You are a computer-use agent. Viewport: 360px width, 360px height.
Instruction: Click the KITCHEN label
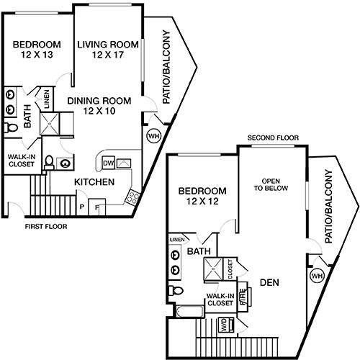click(94, 182)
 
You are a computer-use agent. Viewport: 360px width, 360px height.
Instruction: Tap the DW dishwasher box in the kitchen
click(109, 162)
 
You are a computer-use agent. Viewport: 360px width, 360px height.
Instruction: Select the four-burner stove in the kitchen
click(132, 196)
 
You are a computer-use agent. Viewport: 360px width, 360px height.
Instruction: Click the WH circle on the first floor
click(153, 135)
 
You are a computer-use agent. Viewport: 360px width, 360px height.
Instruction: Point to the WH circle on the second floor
click(317, 275)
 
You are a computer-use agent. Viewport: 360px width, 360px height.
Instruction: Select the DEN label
click(269, 282)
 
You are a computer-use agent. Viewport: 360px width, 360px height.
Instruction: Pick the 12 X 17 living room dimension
click(109, 55)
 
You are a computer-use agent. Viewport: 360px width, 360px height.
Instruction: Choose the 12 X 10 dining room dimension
click(99, 112)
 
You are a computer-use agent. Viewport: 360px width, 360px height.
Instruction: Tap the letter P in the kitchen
click(81, 207)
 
